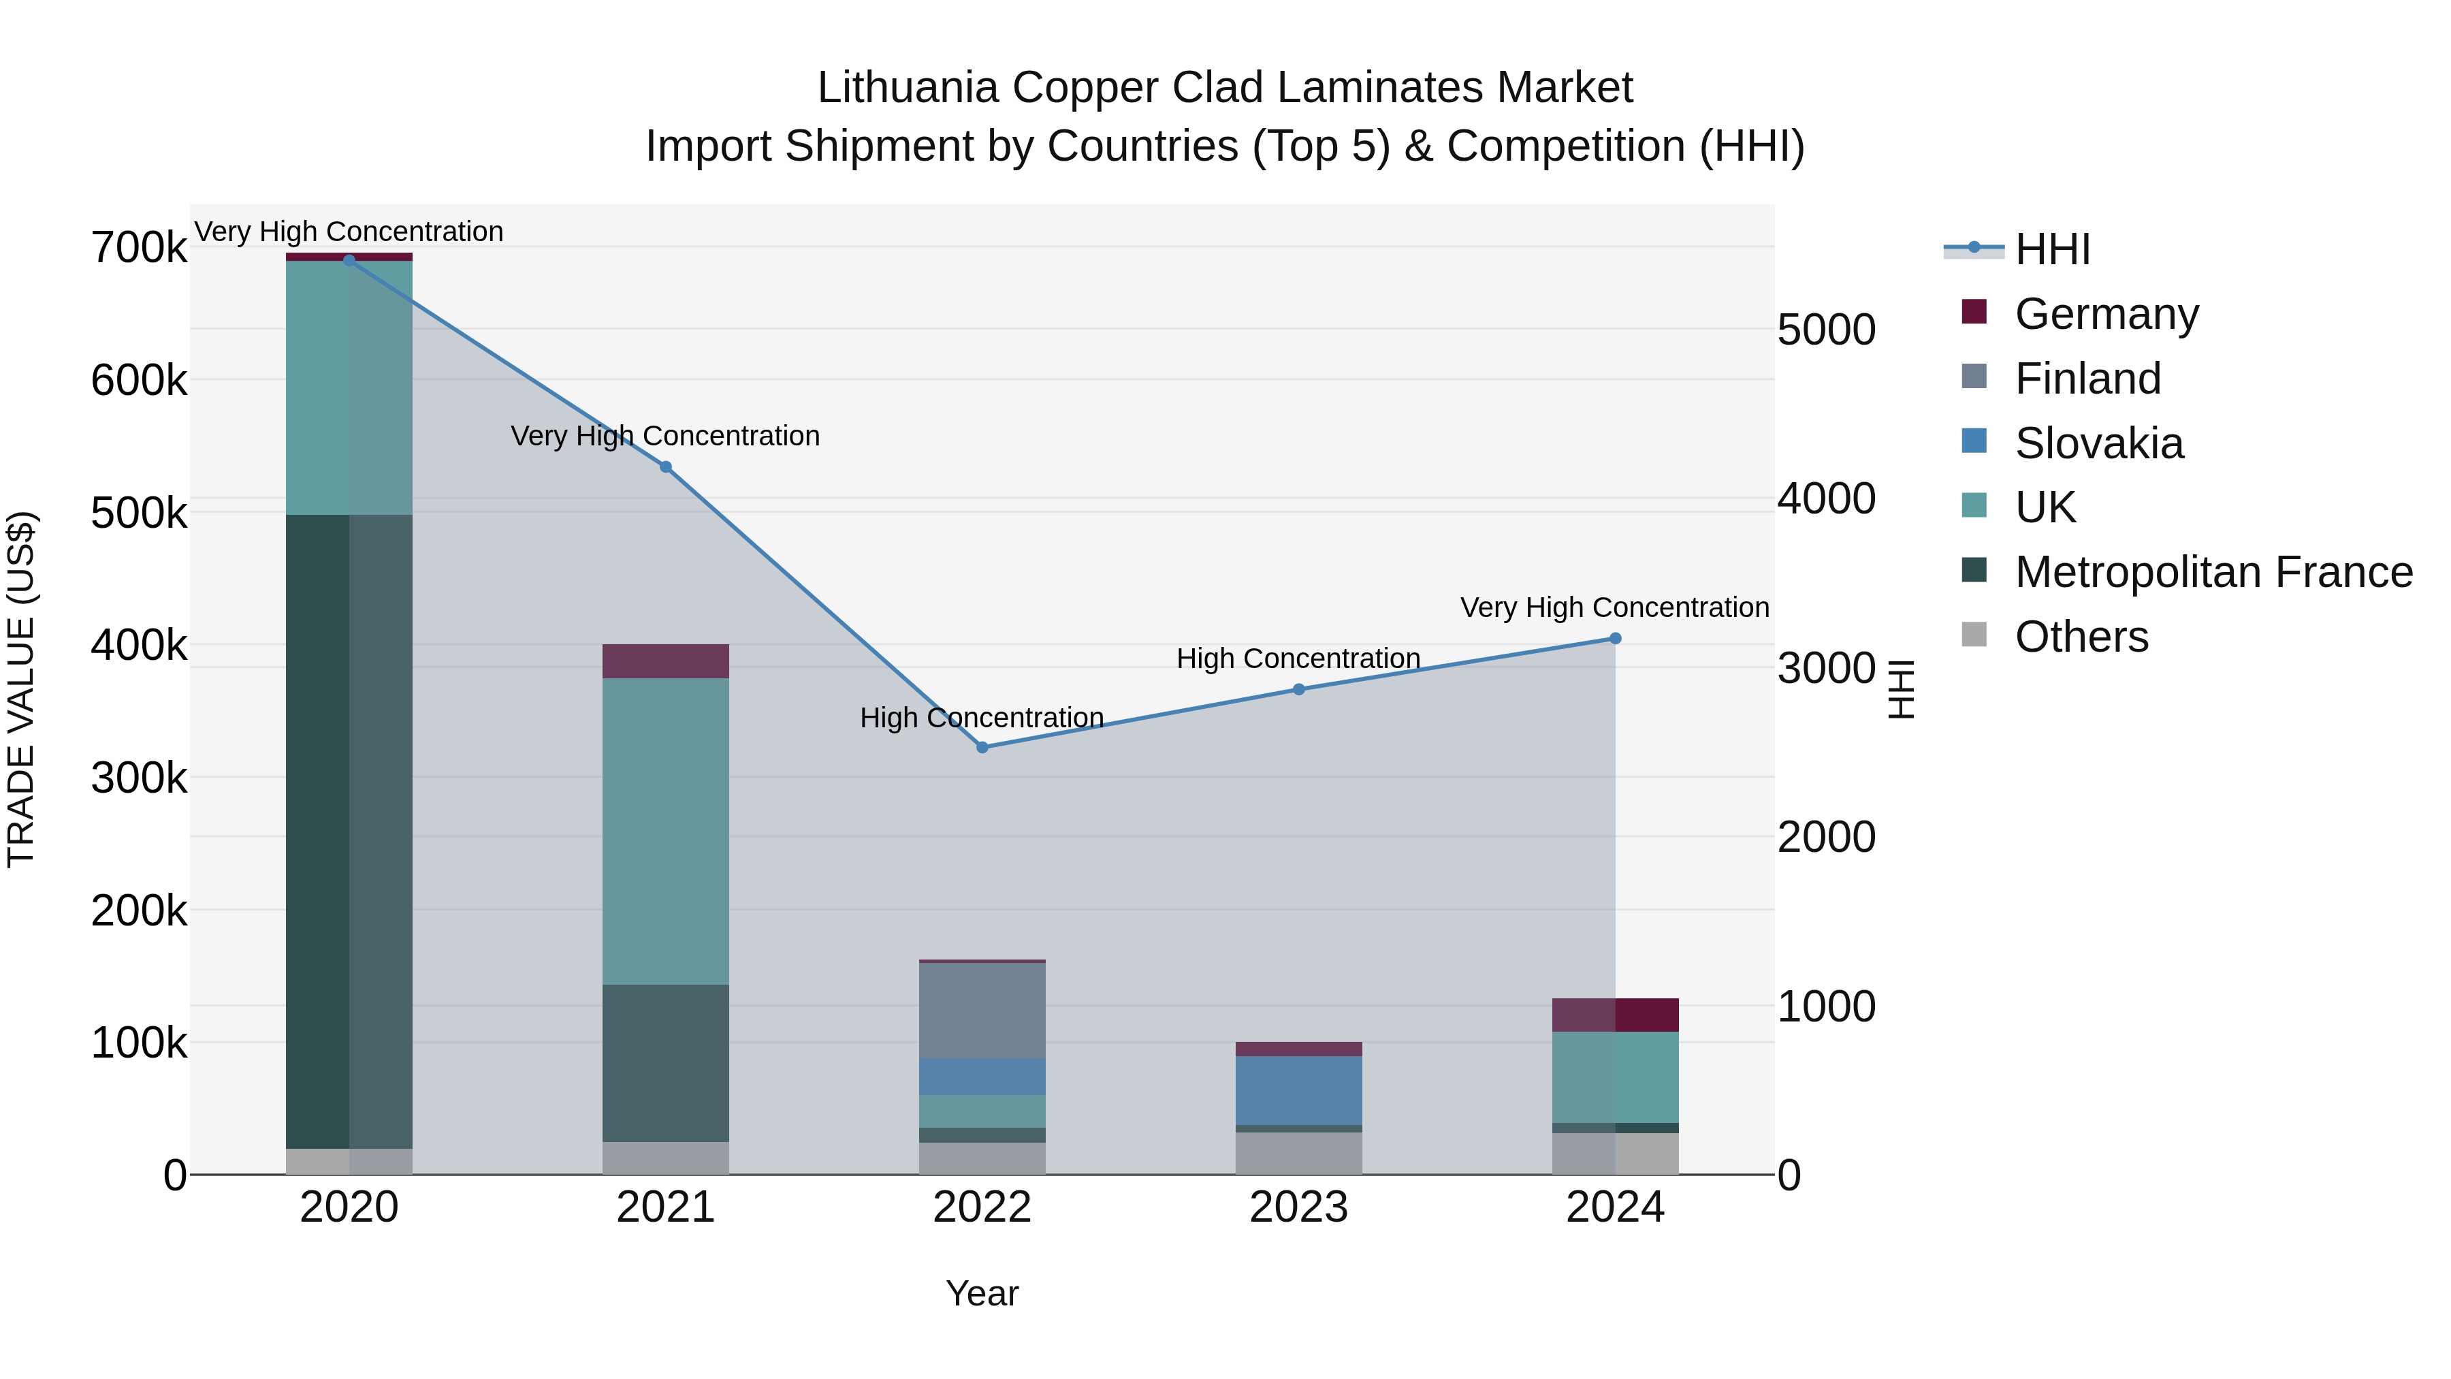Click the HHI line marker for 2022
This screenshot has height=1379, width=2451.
pyautogui.click(x=982, y=747)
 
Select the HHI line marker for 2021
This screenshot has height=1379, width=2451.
pyautogui.click(x=666, y=467)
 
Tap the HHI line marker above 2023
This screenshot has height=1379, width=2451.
pyautogui.click(x=1299, y=689)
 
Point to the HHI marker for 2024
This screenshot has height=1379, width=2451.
pyautogui.click(x=1615, y=639)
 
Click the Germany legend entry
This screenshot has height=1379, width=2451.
pyautogui.click(x=2106, y=314)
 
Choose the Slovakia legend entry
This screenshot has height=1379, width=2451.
pyautogui.click(x=2098, y=443)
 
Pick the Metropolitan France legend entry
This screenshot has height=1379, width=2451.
pyautogui.click(x=2213, y=572)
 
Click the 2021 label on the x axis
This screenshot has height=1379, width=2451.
pyautogui.click(x=666, y=1207)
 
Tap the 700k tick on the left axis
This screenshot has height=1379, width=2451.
pyautogui.click(x=139, y=249)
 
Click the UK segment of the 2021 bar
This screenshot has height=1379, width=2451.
pyautogui.click(x=666, y=831)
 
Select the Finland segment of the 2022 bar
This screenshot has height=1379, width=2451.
pyautogui.click(x=982, y=1011)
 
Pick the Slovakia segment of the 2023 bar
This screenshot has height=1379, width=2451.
pyautogui.click(x=1299, y=1091)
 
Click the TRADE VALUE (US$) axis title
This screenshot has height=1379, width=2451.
pyautogui.click(x=21, y=689)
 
